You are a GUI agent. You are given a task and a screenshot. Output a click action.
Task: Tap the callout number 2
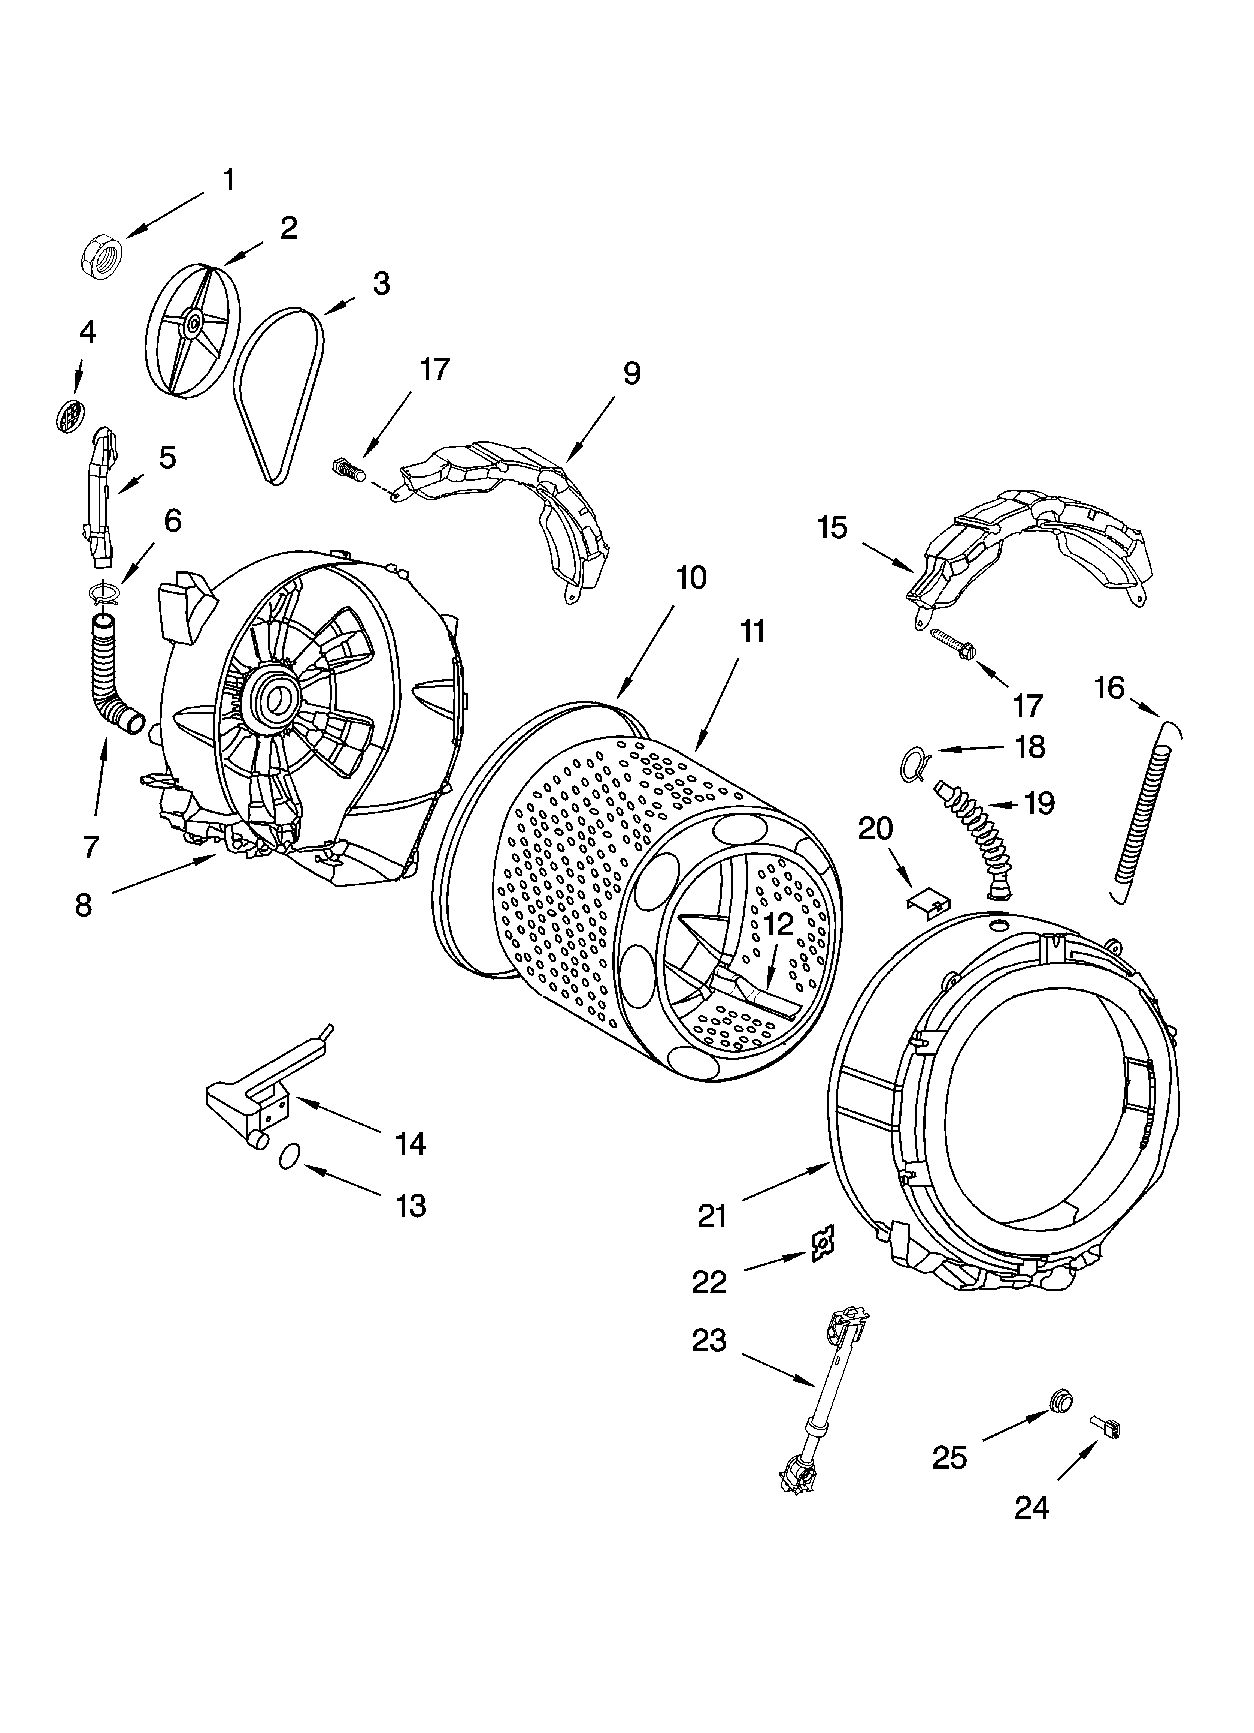pos(289,228)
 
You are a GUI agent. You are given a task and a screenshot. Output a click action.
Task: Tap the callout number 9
pos(631,374)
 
